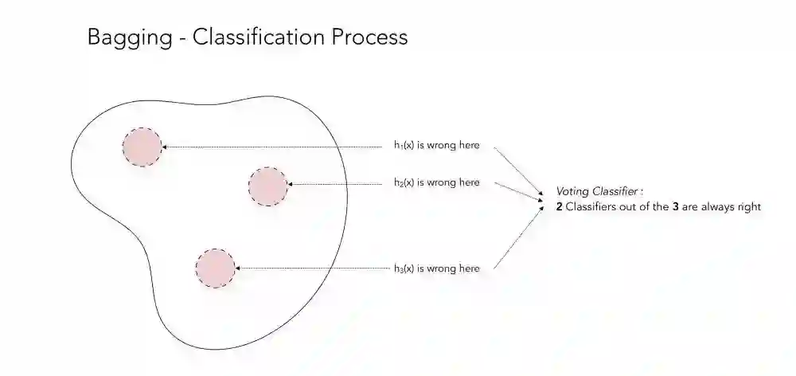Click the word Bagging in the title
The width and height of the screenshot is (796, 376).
(126, 38)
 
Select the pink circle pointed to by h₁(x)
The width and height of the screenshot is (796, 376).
(142, 147)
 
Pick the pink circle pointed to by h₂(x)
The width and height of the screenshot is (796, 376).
(267, 186)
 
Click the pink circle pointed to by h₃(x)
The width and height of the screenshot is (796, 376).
(215, 268)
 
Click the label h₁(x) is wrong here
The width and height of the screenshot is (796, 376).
(436, 145)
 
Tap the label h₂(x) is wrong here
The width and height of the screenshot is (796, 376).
(436, 182)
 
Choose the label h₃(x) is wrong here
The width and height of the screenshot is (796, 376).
(436, 268)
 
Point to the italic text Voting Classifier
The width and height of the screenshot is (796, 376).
(599, 192)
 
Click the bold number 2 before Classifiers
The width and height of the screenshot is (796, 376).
(560, 207)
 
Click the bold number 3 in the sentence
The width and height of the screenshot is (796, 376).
(675, 207)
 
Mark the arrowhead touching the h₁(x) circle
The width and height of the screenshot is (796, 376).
(164, 147)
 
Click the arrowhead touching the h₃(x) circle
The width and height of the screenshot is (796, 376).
(238, 268)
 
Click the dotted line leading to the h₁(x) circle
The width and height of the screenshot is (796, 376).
(271, 147)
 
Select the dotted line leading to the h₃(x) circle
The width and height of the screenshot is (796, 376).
(310, 268)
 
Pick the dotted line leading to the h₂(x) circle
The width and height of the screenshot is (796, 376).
(334, 185)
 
